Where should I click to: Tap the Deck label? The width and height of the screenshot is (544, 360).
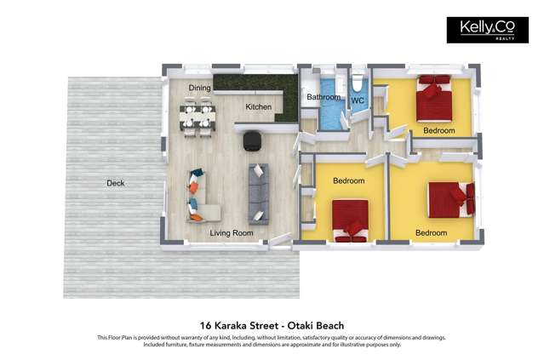115,183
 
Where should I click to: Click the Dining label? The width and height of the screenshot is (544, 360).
200,88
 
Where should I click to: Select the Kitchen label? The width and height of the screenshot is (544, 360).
259,107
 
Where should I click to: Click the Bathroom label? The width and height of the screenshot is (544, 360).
324,98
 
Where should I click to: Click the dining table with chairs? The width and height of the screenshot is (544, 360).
197,117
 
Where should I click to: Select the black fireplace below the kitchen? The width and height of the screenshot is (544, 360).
253,140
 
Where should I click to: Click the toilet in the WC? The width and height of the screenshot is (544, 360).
358,84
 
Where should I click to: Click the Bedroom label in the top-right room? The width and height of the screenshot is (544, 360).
439,131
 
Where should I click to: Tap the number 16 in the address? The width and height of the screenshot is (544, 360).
205,324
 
